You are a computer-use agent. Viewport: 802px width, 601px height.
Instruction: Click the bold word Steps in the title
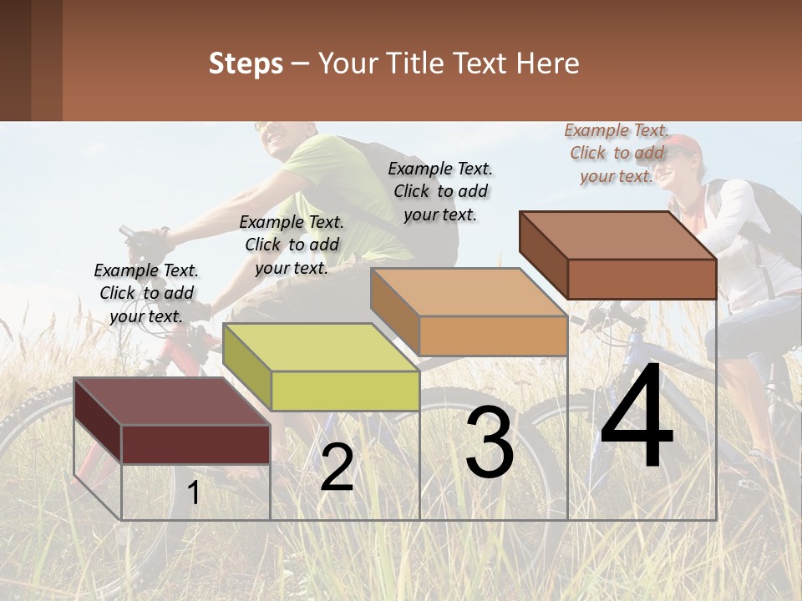246,63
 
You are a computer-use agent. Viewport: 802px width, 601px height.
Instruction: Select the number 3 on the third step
490,442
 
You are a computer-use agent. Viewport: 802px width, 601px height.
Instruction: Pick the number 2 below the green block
337,467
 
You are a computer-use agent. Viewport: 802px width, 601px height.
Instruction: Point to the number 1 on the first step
194,492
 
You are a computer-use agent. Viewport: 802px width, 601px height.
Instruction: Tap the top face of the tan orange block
468,292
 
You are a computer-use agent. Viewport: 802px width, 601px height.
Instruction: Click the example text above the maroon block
146,293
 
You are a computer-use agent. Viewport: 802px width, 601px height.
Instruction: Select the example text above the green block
292,245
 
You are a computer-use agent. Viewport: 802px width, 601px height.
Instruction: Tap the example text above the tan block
440,191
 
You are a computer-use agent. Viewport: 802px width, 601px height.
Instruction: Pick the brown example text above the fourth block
617,153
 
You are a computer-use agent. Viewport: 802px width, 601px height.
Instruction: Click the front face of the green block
345,391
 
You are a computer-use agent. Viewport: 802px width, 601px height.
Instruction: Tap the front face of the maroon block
195,444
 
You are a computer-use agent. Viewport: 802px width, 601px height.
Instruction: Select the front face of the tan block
493,336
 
